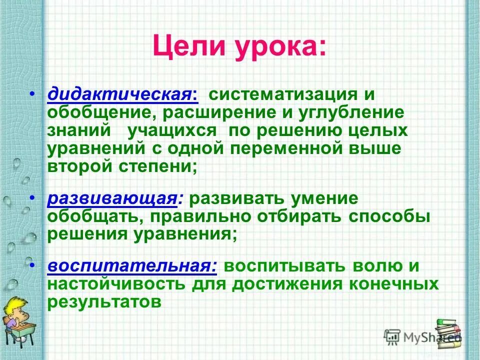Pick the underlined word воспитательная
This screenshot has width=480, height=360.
[x=132, y=266]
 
